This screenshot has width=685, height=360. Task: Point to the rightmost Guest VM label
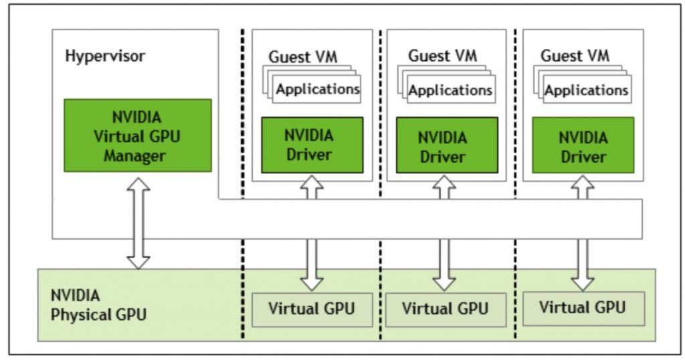click(575, 56)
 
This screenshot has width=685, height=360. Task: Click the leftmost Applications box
click(318, 89)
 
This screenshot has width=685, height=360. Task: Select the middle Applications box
click(450, 90)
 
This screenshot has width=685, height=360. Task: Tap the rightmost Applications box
click(586, 90)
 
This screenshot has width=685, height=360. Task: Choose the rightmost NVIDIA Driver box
click(583, 147)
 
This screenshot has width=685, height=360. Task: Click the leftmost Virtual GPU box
click(312, 309)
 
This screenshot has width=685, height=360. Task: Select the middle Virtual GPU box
click(446, 309)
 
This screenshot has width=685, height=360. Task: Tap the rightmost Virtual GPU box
click(583, 308)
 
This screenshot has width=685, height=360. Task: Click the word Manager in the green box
click(136, 157)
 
